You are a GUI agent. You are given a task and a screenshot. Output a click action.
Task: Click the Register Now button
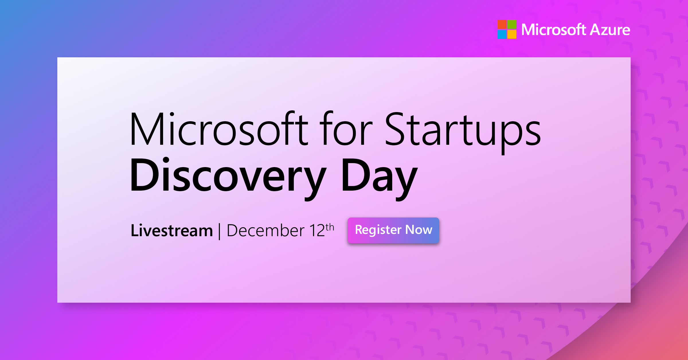(x=393, y=230)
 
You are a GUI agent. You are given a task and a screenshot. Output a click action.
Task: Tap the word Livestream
(x=171, y=231)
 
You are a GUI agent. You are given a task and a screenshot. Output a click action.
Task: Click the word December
(x=265, y=231)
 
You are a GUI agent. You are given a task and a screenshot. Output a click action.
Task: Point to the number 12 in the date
(x=317, y=231)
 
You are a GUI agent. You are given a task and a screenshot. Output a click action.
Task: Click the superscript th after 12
(x=330, y=227)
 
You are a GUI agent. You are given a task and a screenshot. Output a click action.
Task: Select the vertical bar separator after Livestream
(x=220, y=231)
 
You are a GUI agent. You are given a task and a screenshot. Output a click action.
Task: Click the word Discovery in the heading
(x=228, y=175)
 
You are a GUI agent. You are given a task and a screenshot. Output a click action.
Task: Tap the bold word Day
(x=379, y=175)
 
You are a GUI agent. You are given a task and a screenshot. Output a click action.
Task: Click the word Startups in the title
(x=462, y=130)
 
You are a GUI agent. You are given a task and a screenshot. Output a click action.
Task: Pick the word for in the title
(x=346, y=130)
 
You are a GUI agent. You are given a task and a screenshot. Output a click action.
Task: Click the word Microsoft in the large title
(x=218, y=130)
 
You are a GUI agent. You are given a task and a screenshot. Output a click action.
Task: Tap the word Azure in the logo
(x=610, y=30)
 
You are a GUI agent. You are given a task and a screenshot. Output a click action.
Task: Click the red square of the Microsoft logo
(x=502, y=24)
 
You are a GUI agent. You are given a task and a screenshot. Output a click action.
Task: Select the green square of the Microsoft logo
(x=512, y=24)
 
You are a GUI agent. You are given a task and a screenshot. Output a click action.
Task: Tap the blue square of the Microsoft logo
(x=502, y=34)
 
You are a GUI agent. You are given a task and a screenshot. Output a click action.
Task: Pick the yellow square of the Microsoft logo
(x=512, y=34)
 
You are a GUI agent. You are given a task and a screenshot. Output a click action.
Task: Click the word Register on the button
(x=378, y=230)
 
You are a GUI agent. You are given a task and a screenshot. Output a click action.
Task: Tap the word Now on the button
(x=419, y=230)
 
